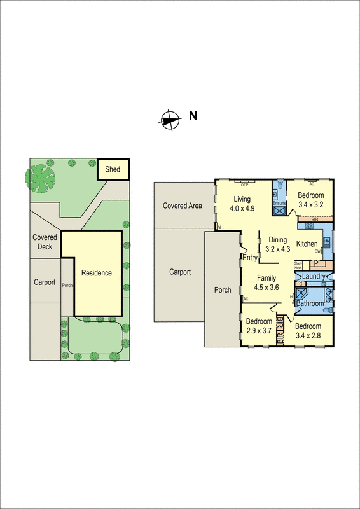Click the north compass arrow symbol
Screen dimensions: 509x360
(x=169, y=119)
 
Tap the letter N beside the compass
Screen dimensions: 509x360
(x=193, y=116)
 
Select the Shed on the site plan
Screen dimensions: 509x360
(x=113, y=169)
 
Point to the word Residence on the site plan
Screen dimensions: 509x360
(x=96, y=273)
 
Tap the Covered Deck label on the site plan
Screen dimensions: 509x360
(x=45, y=242)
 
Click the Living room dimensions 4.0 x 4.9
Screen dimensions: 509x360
(x=242, y=207)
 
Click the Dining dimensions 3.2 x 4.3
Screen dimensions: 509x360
(x=277, y=249)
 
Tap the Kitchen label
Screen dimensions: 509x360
(x=307, y=244)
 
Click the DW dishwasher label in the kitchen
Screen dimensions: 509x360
(x=317, y=252)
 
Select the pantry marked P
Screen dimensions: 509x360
(x=314, y=263)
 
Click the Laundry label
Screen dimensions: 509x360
(x=314, y=276)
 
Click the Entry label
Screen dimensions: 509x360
(x=249, y=258)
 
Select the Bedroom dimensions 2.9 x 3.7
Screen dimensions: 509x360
(x=258, y=330)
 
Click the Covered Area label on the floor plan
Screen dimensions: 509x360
(x=183, y=206)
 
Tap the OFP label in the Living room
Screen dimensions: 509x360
(x=244, y=185)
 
